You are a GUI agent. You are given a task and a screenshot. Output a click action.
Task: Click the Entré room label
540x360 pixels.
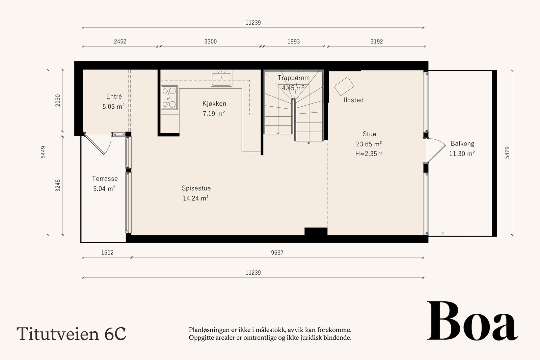114,96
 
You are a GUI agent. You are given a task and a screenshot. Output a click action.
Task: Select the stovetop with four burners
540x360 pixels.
169,98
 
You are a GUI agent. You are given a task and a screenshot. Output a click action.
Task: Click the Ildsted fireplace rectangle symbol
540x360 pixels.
344,86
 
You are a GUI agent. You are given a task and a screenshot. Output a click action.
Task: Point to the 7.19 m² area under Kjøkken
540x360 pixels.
214,114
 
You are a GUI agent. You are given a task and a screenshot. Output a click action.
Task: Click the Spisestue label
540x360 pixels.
196,188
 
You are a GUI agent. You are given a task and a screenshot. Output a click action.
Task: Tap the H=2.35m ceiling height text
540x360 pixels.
369,154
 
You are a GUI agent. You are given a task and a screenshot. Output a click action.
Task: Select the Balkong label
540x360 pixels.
462,143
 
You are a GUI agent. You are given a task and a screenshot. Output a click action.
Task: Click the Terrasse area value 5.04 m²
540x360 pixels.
104,189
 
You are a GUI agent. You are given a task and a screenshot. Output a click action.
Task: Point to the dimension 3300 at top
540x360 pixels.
210,41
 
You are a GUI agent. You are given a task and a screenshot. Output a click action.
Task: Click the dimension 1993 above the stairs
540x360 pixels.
293,41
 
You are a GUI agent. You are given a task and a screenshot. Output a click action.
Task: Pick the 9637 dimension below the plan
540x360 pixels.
277,252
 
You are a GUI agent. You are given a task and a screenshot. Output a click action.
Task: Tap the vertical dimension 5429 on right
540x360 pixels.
507,153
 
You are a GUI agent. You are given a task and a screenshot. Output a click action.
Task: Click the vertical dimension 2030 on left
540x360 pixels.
58,100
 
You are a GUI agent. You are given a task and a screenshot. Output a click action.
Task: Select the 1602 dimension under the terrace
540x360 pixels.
107,252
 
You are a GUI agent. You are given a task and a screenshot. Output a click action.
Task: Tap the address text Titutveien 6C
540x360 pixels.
71,333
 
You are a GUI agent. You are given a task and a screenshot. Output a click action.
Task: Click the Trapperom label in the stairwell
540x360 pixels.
293,78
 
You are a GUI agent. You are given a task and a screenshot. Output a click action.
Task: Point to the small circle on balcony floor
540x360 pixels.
443,233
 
